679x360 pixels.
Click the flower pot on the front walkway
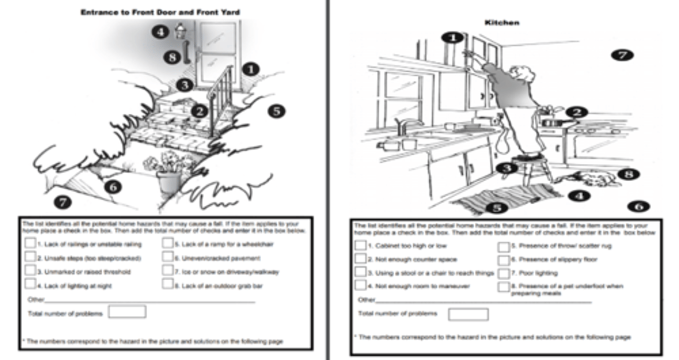pyautogui.click(x=169, y=182)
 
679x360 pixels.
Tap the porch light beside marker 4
pyautogui.click(x=179, y=31)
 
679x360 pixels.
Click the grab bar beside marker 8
pyautogui.click(x=186, y=53)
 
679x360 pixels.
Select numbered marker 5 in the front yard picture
pyautogui.click(x=276, y=111)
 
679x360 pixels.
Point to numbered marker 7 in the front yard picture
pyautogui.click(x=63, y=203)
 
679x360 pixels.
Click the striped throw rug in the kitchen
pyautogui.click(x=505, y=198)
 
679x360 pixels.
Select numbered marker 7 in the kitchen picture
pyautogui.click(x=622, y=55)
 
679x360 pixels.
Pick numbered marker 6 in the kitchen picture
pyautogui.click(x=638, y=206)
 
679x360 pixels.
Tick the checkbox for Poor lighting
pyautogui.click(x=504, y=273)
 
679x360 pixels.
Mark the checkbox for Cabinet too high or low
pyautogui.click(x=360, y=245)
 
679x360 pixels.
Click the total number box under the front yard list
pyautogui.click(x=127, y=312)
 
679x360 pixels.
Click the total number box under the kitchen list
pyautogui.click(x=468, y=314)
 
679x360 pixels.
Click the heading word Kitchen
pyautogui.click(x=502, y=22)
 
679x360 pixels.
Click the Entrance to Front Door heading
pyautogui.click(x=160, y=12)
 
